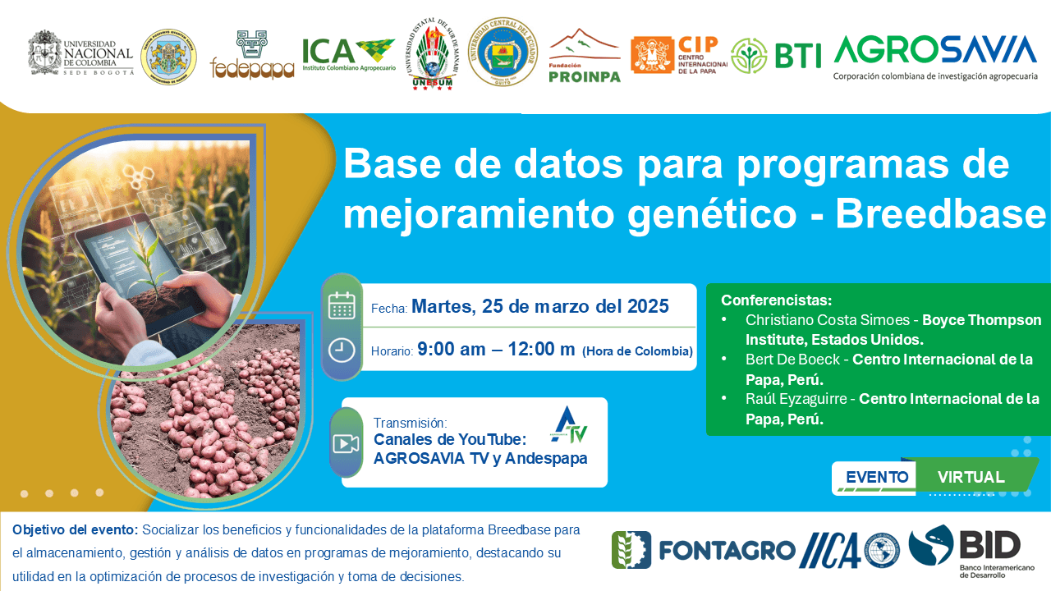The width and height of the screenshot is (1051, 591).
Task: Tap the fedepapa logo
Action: tap(252, 57)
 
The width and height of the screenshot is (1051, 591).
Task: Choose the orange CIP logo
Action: tap(679, 55)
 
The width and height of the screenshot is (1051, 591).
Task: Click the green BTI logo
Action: tap(776, 55)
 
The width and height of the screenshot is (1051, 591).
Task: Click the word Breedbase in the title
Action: tap(941, 214)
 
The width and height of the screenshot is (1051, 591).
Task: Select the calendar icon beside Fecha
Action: tap(341, 305)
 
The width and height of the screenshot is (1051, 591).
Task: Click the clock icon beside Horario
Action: tap(341, 350)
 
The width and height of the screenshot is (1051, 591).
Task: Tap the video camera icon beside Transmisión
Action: tap(346, 444)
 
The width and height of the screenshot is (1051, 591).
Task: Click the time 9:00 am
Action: tap(452, 349)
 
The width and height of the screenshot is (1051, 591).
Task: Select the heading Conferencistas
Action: tap(776, 300)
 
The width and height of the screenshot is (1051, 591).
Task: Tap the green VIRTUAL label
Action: tap(971, 477)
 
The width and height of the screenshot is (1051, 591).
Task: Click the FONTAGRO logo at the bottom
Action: tap(704, 549)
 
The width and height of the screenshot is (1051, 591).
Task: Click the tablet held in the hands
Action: tap(135, 263)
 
